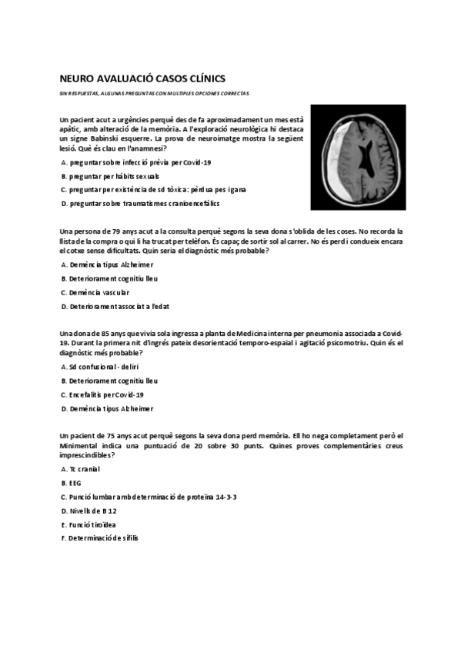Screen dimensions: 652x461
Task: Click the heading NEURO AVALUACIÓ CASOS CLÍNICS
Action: (142, 77)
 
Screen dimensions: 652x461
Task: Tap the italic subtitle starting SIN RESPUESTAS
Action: (154, 93)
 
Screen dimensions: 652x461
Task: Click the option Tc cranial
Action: (80, 468)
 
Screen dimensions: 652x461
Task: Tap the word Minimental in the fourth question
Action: (81, 445)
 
